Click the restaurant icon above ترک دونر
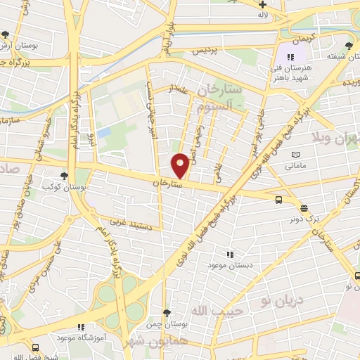pos(304,207)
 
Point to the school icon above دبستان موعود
pos(230,255)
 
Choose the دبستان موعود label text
pos(225,265)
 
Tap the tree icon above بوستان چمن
pos(166,313)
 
